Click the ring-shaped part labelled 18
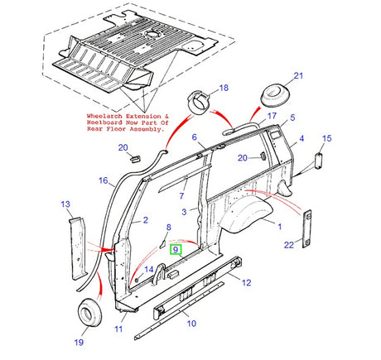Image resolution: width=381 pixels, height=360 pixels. (x=200, y=98)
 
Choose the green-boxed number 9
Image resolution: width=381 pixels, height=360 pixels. (x=174, y=248)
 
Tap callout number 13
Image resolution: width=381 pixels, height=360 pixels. (x=65, y=204)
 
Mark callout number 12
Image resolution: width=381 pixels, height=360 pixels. (x=245, y=282)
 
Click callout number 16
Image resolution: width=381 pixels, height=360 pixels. (x=103, y=180)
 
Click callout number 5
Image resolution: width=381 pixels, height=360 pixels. (x=292, y=118)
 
